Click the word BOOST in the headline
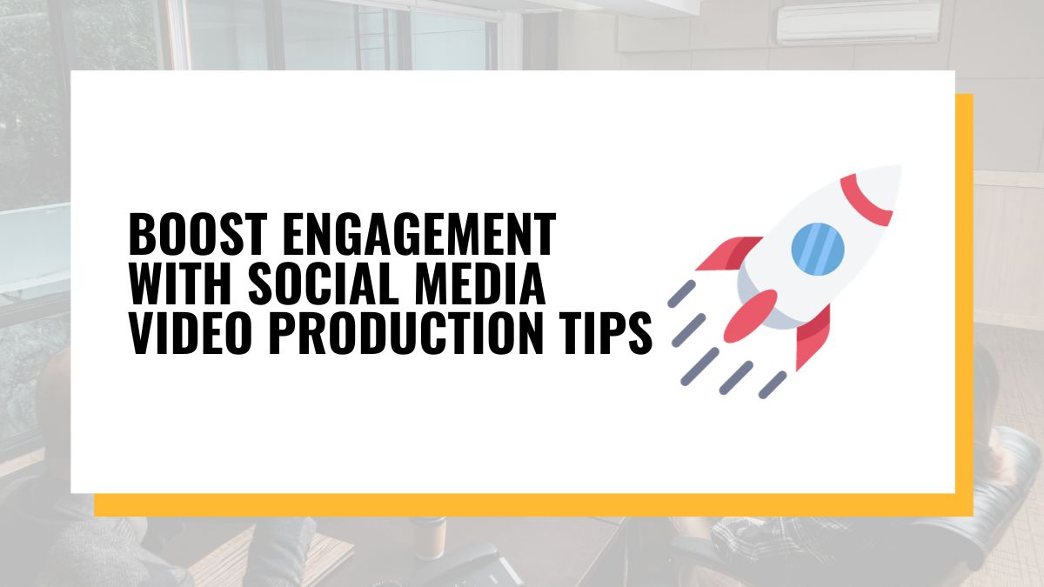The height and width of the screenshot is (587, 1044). coord(197,234)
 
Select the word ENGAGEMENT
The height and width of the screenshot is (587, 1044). coord(419,234)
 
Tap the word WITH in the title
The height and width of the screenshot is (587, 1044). coord(180,283)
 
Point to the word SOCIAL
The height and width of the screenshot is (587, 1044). coord(324,283)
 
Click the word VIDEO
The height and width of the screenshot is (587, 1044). coord(191,334)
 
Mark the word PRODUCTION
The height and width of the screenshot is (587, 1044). coord(406,334)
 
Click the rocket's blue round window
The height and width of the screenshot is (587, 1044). coord(818,248)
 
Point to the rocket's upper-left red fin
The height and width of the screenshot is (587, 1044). coord(728,253)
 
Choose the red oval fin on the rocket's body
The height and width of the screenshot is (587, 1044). coord(750,317)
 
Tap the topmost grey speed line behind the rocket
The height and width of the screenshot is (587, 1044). coord(681,294)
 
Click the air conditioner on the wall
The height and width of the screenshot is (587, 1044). coord(858,23)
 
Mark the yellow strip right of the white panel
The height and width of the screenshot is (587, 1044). coord(964,294)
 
